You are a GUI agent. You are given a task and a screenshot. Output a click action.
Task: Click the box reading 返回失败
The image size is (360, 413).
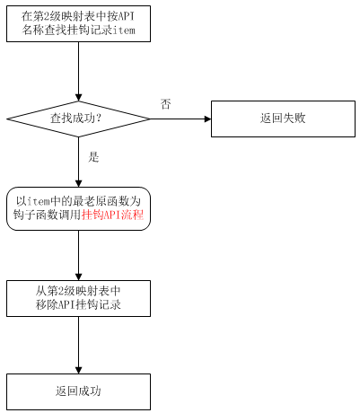click(x=283, y=119)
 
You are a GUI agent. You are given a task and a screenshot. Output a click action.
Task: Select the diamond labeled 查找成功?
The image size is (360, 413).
click(x=78, y=119)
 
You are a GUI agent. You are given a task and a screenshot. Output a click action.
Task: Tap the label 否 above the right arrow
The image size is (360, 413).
click(x=165, y=104)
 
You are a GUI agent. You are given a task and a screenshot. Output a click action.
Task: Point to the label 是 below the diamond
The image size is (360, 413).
click(x=93, y=157)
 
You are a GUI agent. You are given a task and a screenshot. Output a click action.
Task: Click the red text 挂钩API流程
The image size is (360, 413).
click(x=112, y=215)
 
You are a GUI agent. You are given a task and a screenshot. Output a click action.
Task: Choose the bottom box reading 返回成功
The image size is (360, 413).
click(x=78, y=391)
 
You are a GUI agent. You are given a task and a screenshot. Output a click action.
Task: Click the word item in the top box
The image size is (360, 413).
click(x=124, y=31)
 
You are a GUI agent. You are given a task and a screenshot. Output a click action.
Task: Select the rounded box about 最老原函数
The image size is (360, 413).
click(x=78, y=208)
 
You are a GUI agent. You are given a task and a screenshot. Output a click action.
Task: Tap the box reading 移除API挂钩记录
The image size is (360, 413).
click(x=78, y=298)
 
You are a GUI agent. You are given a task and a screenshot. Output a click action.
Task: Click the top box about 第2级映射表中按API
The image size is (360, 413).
click(x=78, y=23)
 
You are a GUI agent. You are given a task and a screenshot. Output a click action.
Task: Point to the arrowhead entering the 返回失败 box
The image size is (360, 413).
click(x=207, y=119)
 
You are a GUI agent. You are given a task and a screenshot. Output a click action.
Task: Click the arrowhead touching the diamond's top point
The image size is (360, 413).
click(x=78, y=97)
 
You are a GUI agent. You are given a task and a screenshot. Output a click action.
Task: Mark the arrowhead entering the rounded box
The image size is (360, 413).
click(x=78, y=183)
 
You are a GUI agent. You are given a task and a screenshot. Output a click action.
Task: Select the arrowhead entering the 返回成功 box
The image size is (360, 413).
click(x=78, y=370)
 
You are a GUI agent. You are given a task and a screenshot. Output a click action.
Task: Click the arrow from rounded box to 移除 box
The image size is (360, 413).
click(x=78, y=255)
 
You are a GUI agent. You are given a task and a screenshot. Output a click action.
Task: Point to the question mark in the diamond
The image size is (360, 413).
click(x=99, y=119)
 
